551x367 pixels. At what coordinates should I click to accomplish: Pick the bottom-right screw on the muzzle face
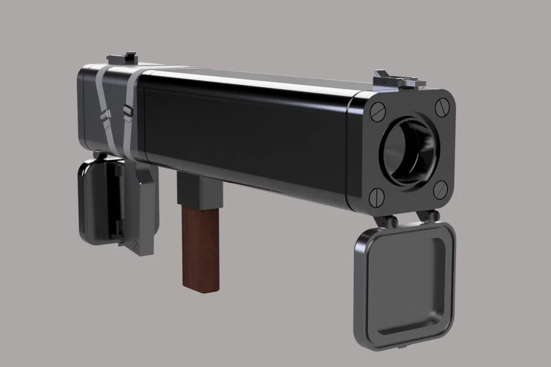point(439,187)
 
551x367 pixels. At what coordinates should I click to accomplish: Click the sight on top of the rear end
point(122,59)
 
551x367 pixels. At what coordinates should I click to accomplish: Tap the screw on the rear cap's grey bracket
point(136,245)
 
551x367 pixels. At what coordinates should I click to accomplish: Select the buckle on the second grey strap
point(127,110)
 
